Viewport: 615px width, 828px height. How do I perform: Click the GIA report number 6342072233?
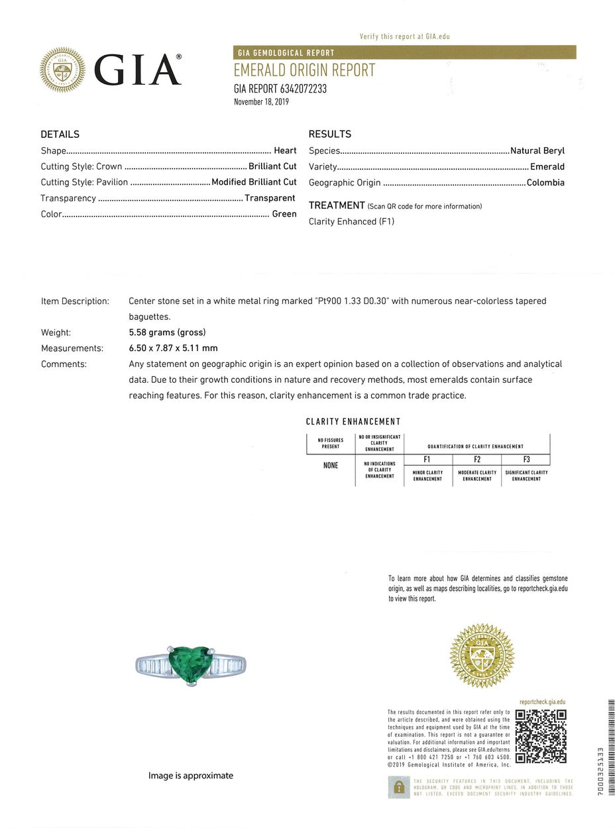click(x=280, y=89)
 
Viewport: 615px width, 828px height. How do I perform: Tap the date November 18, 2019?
click(x=261, y=102)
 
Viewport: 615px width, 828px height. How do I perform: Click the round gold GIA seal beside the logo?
click(x=62, y=70)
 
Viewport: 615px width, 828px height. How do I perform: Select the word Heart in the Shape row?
click(x=285, y=150)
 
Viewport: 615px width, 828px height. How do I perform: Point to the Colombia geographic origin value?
click(x=545, y=182)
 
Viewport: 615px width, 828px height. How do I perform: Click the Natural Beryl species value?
click(x=537, y=150)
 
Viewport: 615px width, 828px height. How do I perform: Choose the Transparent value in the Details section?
click(x=270, y=198)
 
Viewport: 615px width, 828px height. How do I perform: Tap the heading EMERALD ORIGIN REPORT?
click(x=304, y=71)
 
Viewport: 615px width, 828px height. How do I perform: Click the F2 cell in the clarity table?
click(x=477, y=459)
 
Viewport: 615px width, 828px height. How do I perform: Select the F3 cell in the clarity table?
click(x=526, y=459)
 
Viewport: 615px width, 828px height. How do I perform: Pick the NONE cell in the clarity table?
click(x=331, y=466)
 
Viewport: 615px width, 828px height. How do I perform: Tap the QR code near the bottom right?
click(x=541, y=735)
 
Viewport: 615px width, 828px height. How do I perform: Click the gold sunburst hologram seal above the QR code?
click(x=482, y=656)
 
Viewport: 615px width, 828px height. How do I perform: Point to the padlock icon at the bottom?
click(x=399, y=787)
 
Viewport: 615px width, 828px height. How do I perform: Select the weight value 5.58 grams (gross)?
click(x=167, y=333)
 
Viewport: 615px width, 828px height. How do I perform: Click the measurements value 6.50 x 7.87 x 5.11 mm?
click(x=173, y=348)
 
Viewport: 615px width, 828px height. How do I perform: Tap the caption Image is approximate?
click(x=191, y=776)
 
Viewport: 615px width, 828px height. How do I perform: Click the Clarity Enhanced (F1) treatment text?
click(x=351, y=222)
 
